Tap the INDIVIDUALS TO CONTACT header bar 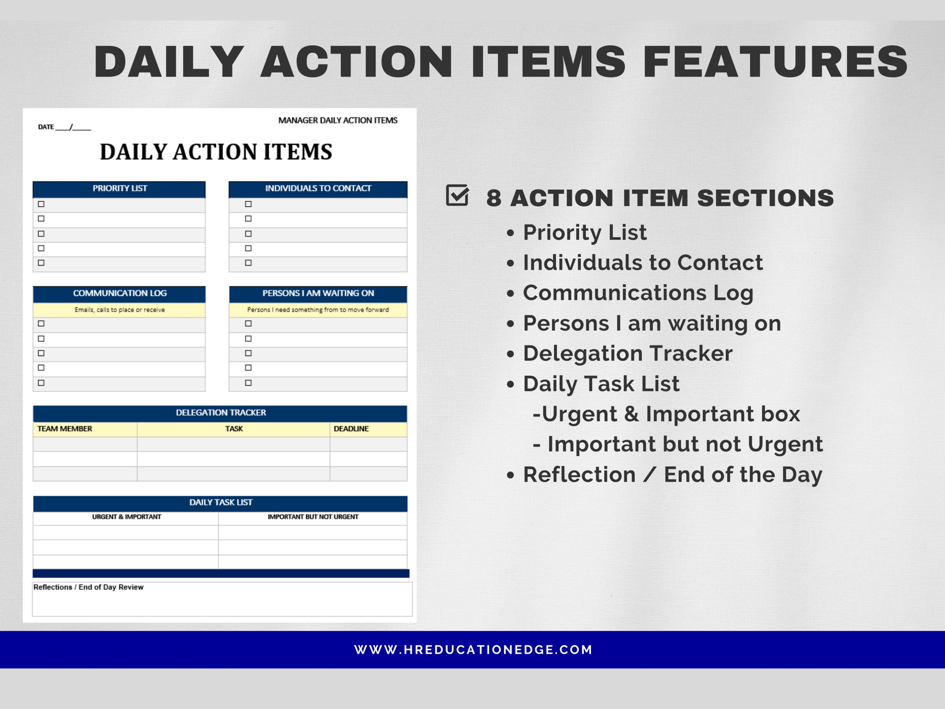pyautogui.click(x=318, y=188)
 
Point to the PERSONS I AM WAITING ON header pyautogui.click(x=318, y=293)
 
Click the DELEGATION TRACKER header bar pyautogui.click(x=220, y=412)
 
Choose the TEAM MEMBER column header pyautogui.click(x=65, y=429)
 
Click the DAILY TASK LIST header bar pyautogui.click(x=220, y=502)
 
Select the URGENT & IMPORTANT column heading pyautogui.click(x=126, y=517)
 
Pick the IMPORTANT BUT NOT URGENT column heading pyautogui.click(x=313, y=517)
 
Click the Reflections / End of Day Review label pyautogui.click(x=89, y=587)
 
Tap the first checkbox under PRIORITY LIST pyautogui.click(x=41, y=204)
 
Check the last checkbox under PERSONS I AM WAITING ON pyautogui.click(x=248, y=383)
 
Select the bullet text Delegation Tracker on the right pyautogui.click(x=627, y=354)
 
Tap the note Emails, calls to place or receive pyautogui.click(x=120, y=310)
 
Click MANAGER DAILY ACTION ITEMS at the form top pyautogui.click(x=337, y=120)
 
